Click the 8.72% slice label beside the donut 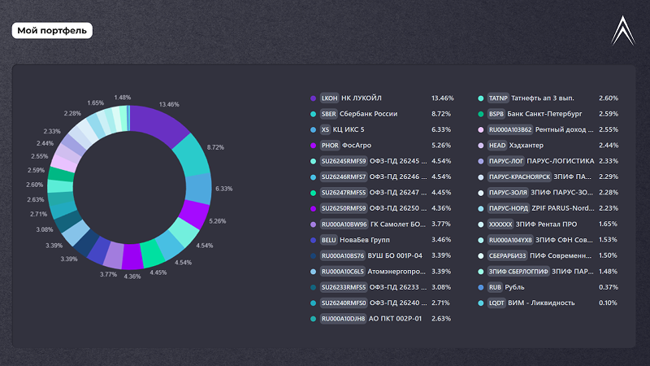pyautogui.click(x=215, y=147)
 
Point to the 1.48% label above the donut pyautogui.click(x=123, y=98)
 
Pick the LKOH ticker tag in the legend pyautogui.click(x=329, y=98)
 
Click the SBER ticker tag pyautogui.click(x=329, y=114)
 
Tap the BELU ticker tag pyautogui.click(x=329, y=240)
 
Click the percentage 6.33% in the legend pyautogui.click(x=442, y=129)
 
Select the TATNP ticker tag pyautogui.click(x=498, y=98)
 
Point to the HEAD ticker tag pyautogui.click(x=497, y=145)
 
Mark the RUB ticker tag pyautogui.click(x=495, y=287)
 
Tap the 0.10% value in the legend pyautogui.click(x=608, y=303)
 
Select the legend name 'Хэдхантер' pyautogui.click(x=531, y=145)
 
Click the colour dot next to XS pyautogui.click(x=314, y=129)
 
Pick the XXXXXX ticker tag pyautogui.click(x=501, y=224)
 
